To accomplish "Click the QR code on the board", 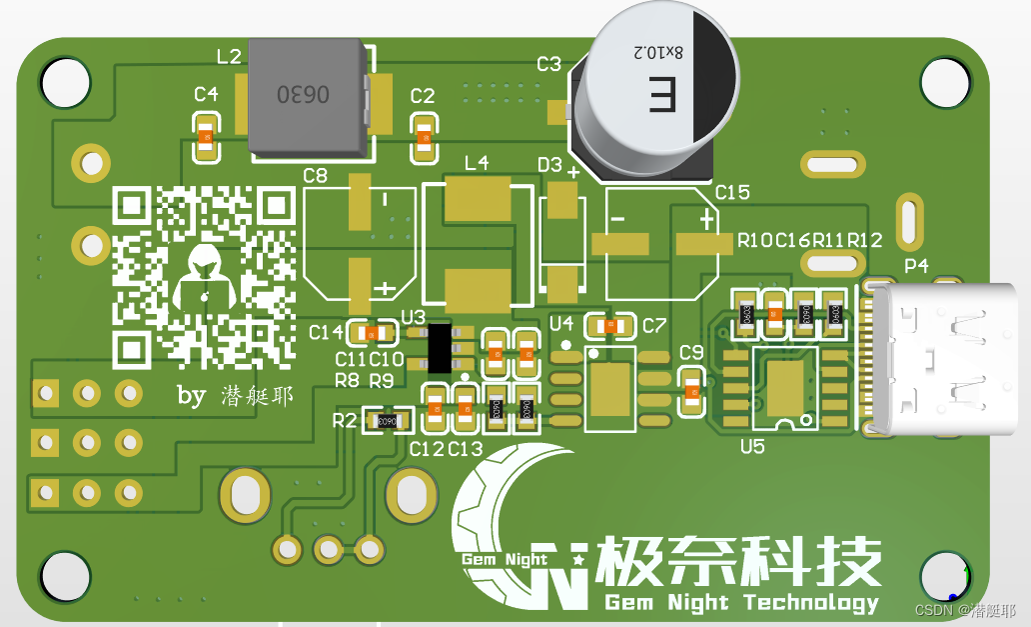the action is click(204, 277).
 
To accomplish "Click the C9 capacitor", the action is click(691, 390).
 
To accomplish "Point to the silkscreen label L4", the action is click(477, 163).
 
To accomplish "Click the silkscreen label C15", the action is click(732, 192).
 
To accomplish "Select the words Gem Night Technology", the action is click(741, 602).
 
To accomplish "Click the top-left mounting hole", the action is click(66, 82).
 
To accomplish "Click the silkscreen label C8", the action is click(315, 176).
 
